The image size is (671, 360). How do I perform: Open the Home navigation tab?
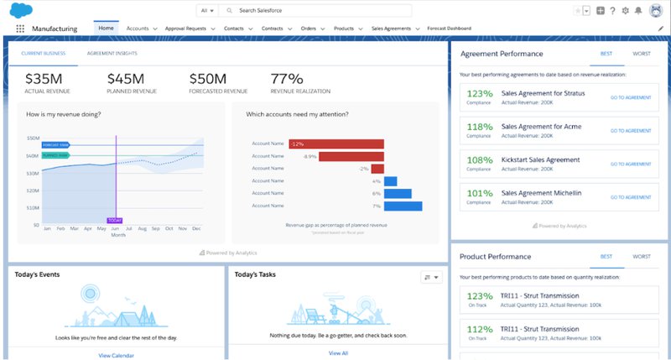106,28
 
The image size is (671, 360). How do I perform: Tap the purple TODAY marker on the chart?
116,220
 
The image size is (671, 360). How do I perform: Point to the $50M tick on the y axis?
34,138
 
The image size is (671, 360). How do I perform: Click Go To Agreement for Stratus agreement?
630,97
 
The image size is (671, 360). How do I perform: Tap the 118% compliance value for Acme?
479,126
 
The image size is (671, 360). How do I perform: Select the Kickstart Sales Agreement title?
539,159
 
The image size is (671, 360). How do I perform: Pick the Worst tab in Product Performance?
642,256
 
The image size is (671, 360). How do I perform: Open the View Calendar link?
116,354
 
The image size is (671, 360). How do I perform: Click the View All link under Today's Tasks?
338,353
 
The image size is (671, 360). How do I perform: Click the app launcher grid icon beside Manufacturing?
20,29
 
